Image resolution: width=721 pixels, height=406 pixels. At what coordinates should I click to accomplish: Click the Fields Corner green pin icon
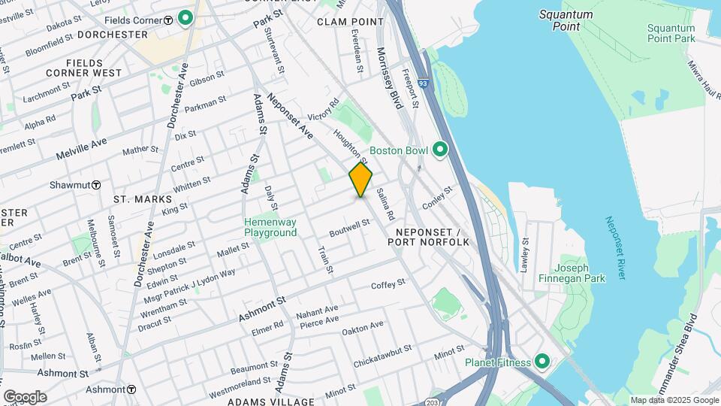(x=185, y=18)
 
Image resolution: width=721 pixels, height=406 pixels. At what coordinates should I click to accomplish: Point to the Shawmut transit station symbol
(x=97, y=185)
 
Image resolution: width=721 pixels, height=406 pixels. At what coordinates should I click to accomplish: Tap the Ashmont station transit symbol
(x=131, y=389)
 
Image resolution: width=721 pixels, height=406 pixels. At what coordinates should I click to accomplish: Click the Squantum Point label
(x=566, y=20)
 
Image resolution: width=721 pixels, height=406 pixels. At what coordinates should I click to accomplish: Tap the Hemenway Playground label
(x=270, y=227)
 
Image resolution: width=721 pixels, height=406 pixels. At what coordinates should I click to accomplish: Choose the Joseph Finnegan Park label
(x=582, y=273)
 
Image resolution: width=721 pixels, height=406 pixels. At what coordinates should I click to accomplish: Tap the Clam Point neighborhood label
(x=351, y=22)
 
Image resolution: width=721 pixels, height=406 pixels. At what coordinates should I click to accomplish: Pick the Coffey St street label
(x=388, y=284)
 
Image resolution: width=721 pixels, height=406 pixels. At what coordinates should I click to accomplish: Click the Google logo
(x=25, y=396)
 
